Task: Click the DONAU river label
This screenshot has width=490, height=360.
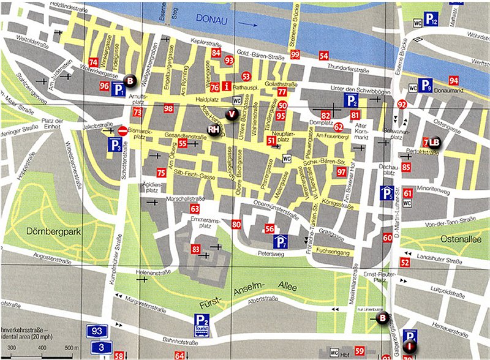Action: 211,19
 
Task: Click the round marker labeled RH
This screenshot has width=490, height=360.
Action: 213,130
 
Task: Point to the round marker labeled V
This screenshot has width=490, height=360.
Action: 232,113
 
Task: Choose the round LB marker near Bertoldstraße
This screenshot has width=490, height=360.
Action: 434,143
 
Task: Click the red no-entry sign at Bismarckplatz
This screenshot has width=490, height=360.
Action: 122,130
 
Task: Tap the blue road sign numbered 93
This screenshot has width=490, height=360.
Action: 96,331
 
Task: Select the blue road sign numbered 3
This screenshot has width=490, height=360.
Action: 96,347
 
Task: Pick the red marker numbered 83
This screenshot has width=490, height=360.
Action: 196,249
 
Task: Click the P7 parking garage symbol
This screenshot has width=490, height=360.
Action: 281,242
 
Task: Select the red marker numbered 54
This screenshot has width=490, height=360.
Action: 323,56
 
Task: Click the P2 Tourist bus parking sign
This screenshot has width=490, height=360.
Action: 202,322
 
